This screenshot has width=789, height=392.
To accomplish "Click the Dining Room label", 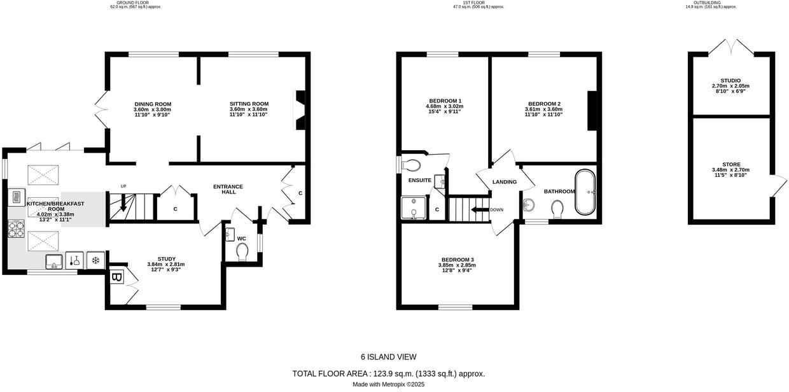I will pyautogui.click(x=153, y=104).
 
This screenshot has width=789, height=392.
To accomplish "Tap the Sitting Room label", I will pyautogui.click(x=249, y=104).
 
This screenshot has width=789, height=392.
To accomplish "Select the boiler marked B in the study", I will pyautogui.click(x=117, y=277).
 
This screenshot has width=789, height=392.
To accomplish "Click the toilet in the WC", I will pyautogui.click(x=242, y=253).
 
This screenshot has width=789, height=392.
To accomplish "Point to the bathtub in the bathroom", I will pyautogui.click(x=585, y=192).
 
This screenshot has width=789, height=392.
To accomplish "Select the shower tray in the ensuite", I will pyautogui.click(x=414, y=207).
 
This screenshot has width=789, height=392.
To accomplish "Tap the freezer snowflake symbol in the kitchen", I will pyautogui.click(x=95, y=260).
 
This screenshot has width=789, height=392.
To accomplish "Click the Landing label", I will pyautogui.click(x=505, y=182).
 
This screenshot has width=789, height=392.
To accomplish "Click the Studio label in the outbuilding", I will pyautogui.click(x=730, y=81).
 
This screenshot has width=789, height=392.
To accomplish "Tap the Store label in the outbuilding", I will pyautogui.click(x=730, y=164).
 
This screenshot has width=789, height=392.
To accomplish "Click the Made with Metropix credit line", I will pyautogui.click(x=388, y=384).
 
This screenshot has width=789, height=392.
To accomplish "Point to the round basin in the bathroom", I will pyautogui.click(x=529, y=205).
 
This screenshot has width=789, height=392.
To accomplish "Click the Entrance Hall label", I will pyautogui.click(x=228, y=189).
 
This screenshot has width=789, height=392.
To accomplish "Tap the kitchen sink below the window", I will pyautogui.click(x=53, y=261).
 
